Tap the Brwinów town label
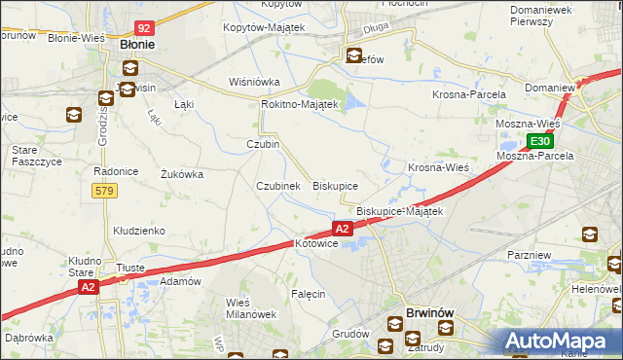click(421, 313)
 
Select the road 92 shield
click(144, 29)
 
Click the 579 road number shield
click(105, 191)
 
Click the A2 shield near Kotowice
click(342, 229)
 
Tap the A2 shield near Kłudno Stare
click(89, 287)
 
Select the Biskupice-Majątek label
click(399, 211)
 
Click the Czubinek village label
click(277, 186)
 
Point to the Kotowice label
click(315, 243)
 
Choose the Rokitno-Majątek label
click(299, 104)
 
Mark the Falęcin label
click(307, 293)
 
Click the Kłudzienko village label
click(138, 231)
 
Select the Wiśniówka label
click(254, 82)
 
